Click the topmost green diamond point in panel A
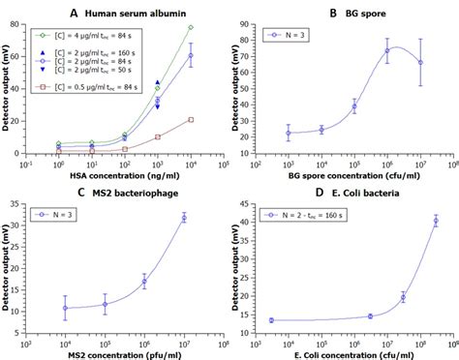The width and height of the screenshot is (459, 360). [190, 27]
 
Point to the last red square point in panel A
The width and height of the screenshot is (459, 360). [190, 119]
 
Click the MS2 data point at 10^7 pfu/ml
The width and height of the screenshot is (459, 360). [184, 218]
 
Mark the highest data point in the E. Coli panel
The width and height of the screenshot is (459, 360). [435, 221]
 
